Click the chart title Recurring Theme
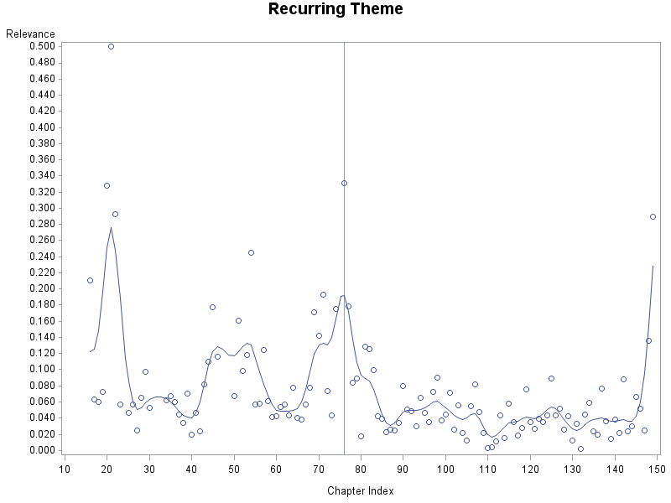pyautogui.click(x=335, y=9)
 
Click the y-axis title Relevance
pyautogui.click(x=30, y=34)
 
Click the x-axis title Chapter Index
pyautogui.click(x=360, y=491)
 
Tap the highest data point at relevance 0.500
pyautogui.click(x=111, y=46)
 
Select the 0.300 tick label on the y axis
pyautogui.click(x=42, y=208)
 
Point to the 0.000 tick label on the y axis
pyautogui.click(x=42, y=450)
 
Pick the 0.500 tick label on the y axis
pyautogui.click(x=42, y=46)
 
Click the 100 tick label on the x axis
pyautogui.click(x=445, y=468)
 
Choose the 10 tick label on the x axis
pyautogui.click(x=65, y=468)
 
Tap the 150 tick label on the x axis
pyautogui.click(x=656, y=468)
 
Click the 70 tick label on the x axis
pyautogui.click(x=318, y=468)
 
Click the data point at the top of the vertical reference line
pyautogui.click(x=344, y=183)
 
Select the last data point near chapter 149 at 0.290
pyautogui.click(x=653, y=216)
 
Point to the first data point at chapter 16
pyautogui.click(x=90, y=280)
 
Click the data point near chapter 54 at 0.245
pyautogui.click(x=251, y=252)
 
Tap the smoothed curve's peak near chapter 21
pyautogui.click(x=111, y=227)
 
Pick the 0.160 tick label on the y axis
pyautogui.click(x=42, y=321)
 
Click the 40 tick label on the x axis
pyautogui.click(x=191, y=468)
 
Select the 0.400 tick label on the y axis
pyautogui.click(x=42, y=127)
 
